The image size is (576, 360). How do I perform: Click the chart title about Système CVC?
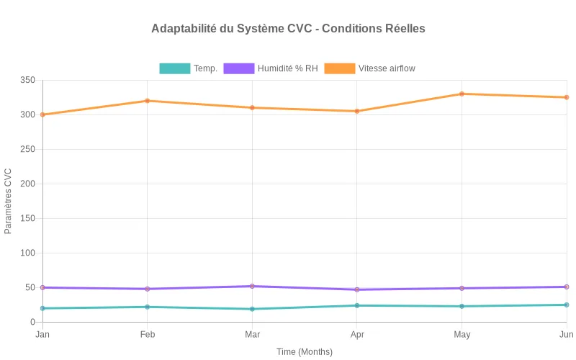[288, 29]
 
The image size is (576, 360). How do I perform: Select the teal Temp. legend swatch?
[175, 68]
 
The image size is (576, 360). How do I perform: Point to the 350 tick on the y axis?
[27, 80]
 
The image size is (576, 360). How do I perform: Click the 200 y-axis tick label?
[27, 184]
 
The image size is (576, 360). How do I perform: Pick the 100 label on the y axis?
[27, 253]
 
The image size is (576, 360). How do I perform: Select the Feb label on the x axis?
[148, 334]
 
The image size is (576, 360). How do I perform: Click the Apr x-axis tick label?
[357, 334]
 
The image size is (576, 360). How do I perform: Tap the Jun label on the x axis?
[566, 334]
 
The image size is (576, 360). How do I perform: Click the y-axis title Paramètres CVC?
[9, 201]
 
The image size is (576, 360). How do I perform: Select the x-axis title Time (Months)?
[305, 352]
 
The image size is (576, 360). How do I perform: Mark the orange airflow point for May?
[462, 94]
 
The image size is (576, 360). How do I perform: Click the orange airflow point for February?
[148, 101]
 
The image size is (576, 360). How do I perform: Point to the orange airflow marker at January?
[42, 114]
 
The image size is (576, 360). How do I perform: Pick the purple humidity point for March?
[252, 286]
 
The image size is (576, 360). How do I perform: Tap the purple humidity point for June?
[567, 287]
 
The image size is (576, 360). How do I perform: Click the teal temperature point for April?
[357, 305]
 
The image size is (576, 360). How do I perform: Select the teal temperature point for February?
[148, 307]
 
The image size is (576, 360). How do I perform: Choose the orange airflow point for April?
[357, 111]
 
